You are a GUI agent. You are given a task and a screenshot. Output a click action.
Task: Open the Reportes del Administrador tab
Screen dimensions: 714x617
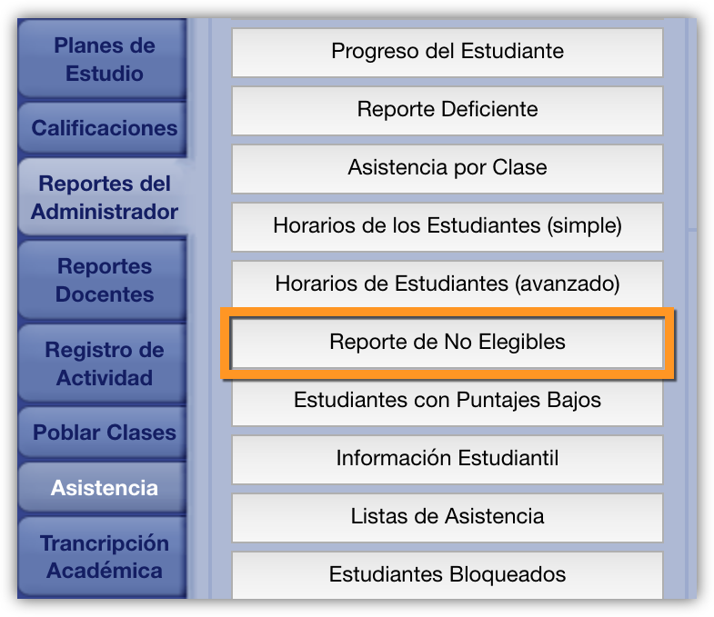pyautogui.click(x=105, y=197)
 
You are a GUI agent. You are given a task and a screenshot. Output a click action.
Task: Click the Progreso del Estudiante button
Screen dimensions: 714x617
pyautogui.click(x=448, y=52)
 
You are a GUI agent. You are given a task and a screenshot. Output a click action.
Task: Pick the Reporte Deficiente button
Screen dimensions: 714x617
pyautogui.click(x=448, y=110)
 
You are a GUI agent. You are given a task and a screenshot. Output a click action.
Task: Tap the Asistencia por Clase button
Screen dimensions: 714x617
pyautogui.click(x=448, y=168)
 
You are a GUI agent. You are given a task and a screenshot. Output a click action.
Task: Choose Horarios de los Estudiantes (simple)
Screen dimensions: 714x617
pyautogui.click(x=448, y=226)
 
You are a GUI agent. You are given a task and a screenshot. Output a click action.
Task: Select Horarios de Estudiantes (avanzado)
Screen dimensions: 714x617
pyautogui.click(x=448, y=284)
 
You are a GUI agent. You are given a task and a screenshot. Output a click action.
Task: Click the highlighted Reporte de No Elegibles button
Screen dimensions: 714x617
pyautogui.click(x=448, y=343)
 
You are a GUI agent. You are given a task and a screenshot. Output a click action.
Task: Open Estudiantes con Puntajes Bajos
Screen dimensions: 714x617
pyautogui.click(x=448, y=402)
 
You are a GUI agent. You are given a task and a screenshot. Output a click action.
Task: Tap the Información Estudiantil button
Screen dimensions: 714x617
pyautogui.click(x=448, y=460)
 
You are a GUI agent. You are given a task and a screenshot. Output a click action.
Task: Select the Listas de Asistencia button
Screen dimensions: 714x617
pyautogui.click(x=448, y=518)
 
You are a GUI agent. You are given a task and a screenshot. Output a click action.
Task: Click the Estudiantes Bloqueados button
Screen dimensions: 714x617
pyautogui.click(x=448, y=575)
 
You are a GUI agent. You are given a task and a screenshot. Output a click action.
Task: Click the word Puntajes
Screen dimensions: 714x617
pyautogui.click(x=498, y=401)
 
